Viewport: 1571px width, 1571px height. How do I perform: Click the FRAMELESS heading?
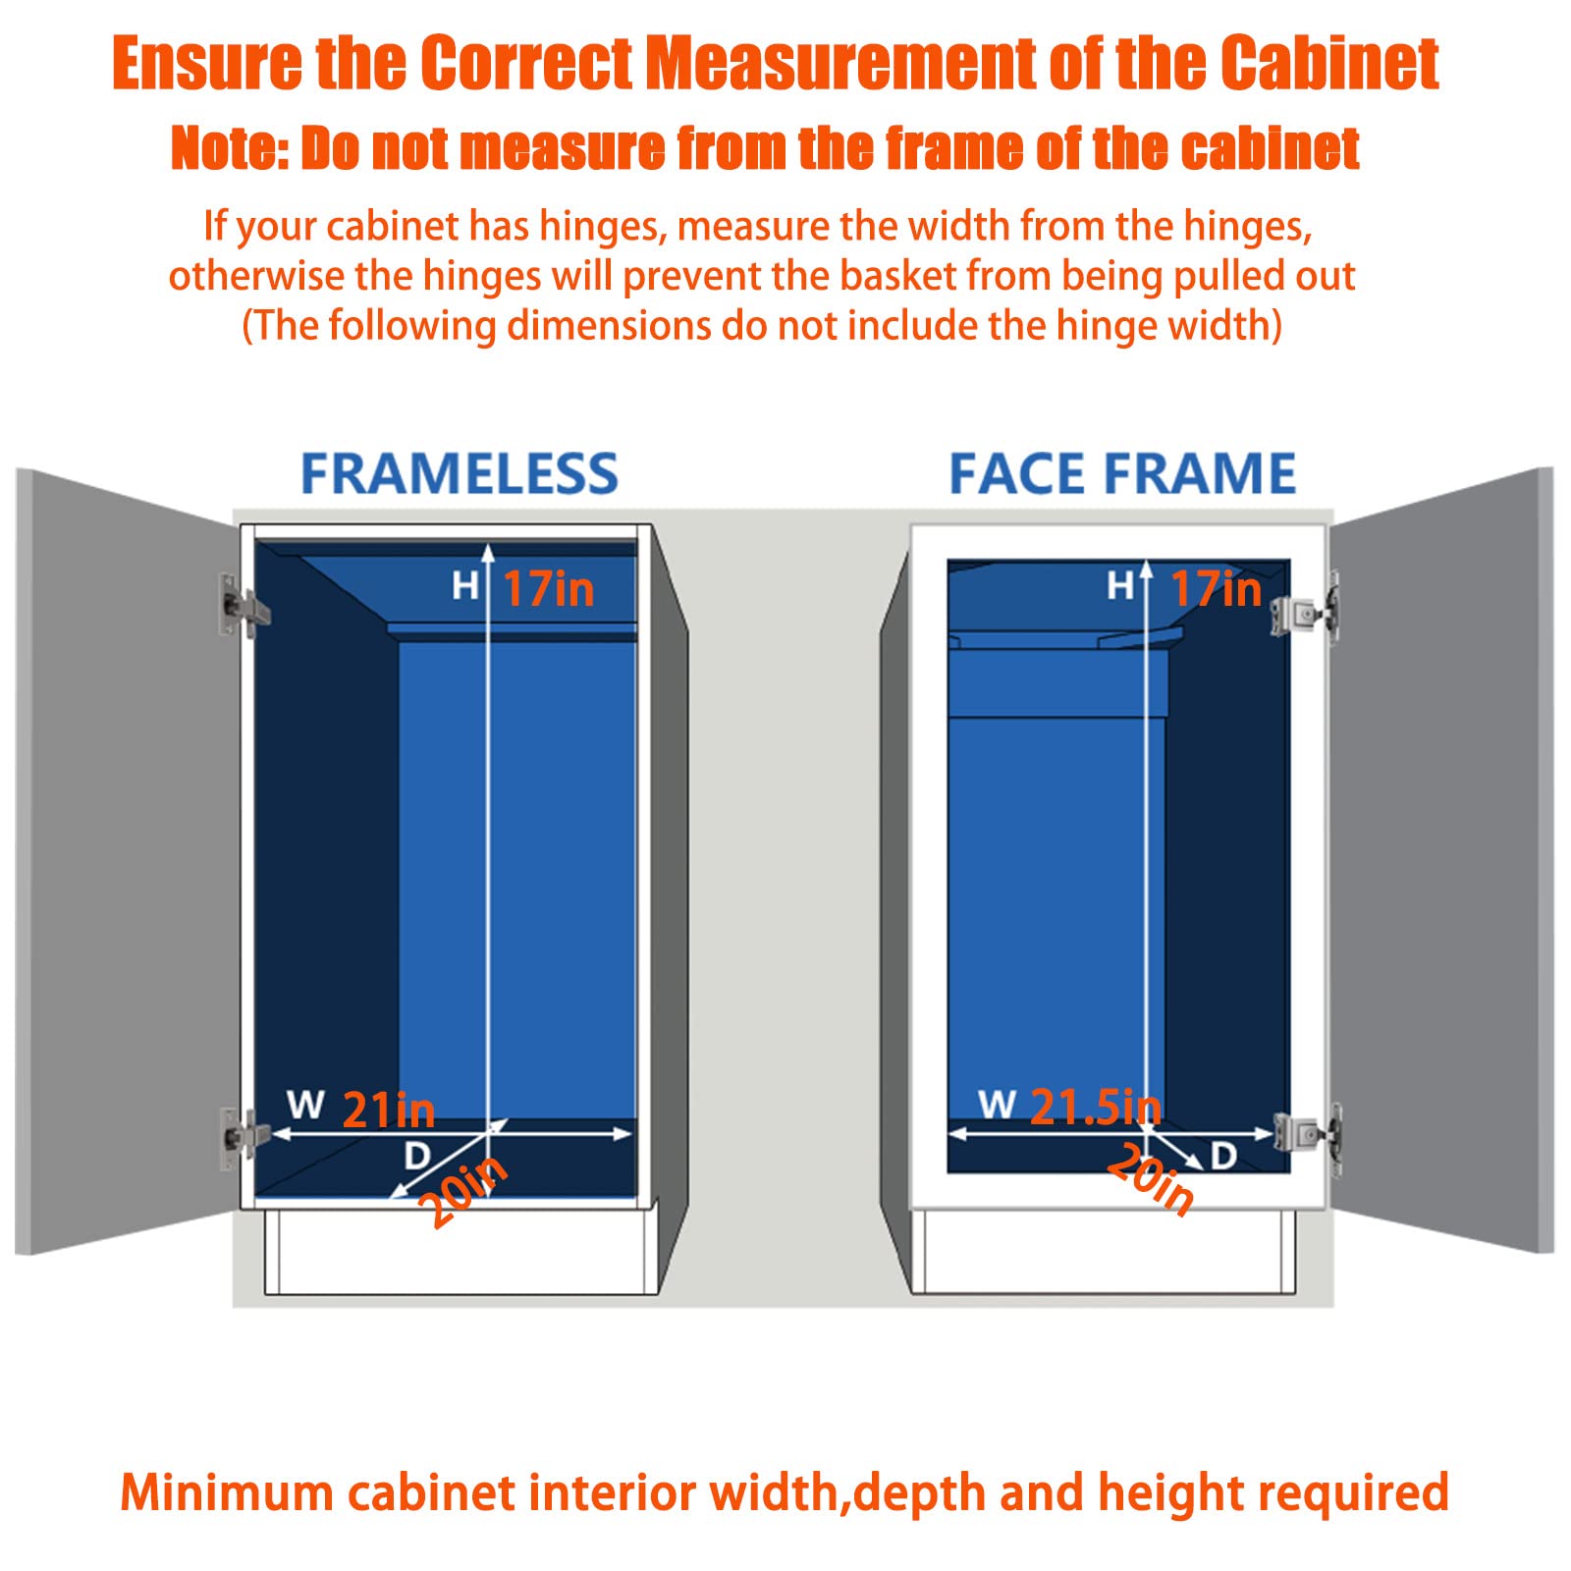[459, 474]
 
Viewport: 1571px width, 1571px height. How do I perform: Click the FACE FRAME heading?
[1122, 474]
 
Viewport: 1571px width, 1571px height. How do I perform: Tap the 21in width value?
[389, 1111]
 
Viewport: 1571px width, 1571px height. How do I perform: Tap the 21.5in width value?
[1095, 1107]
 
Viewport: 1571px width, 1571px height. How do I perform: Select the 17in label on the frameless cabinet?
[548, 589]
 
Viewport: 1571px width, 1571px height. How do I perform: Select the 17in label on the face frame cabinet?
[1216, 589]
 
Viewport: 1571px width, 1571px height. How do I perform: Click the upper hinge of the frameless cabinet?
[241, 606]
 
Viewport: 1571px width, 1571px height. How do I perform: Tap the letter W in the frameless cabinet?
[305, 1105]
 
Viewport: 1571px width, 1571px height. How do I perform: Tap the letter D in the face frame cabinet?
[1223, 1156]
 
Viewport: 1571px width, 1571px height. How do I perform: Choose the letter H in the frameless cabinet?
[464, 586]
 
